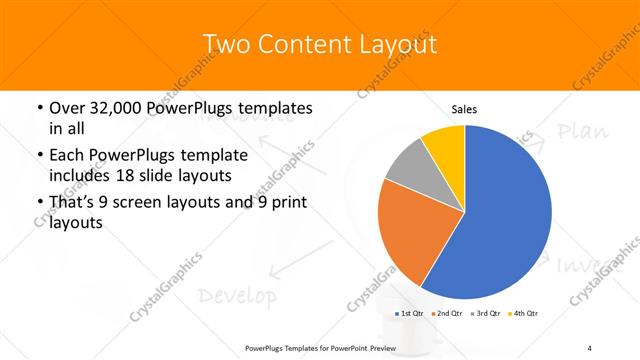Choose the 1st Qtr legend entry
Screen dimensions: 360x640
410,314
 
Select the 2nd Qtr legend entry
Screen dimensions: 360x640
447,314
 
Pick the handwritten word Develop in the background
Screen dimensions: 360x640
236,296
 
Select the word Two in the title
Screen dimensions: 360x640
227,45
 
